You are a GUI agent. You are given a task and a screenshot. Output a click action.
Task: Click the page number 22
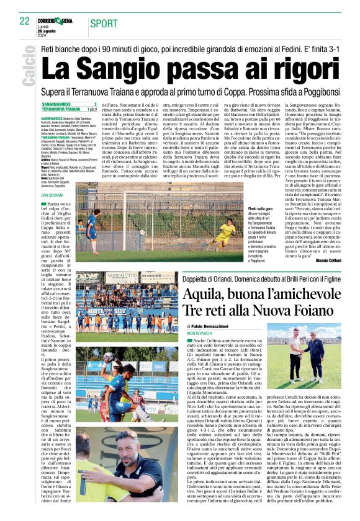coord(24,21)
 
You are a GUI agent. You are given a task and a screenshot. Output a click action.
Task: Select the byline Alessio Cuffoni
coord(325,260)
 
